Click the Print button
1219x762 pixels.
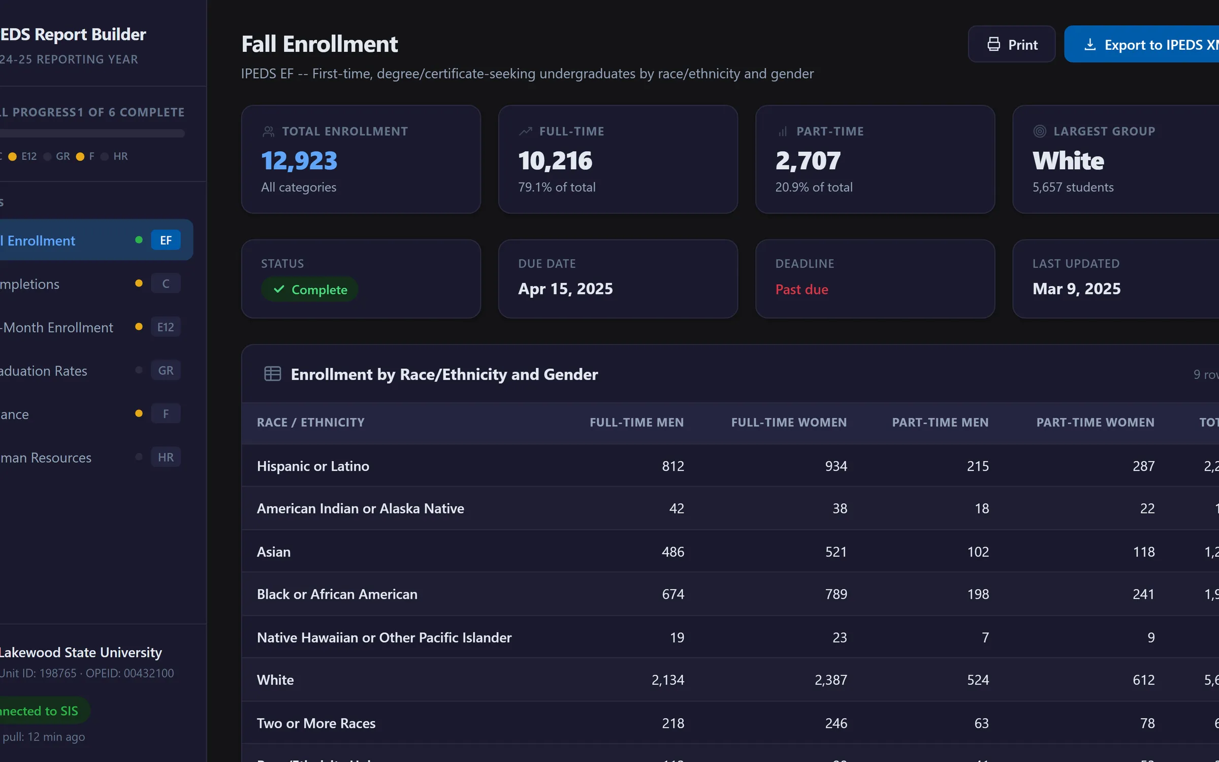point(1011,45)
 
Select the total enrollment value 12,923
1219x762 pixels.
point(299,161)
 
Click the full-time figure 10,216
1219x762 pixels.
point(555,161)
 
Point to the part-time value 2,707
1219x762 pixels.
point(808,161)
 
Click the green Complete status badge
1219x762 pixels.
point(310,290)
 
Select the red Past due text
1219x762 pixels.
point(801,290)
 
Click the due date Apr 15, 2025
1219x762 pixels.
point(565,289)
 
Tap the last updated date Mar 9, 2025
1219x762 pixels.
point(1076,289)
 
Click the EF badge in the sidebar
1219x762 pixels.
point(166,240)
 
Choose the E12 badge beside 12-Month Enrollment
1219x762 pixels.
point(166,327)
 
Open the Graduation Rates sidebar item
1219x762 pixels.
point(44,371)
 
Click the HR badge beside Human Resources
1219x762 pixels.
point(166,457)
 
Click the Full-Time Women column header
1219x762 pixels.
point(789,422)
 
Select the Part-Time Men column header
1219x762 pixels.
point(940,422)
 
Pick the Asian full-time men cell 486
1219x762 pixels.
point(673,552)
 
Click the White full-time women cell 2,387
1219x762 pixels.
point(831,680)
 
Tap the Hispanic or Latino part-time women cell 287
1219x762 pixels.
point(1143,466)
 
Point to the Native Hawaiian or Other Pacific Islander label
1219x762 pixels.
point(384,638)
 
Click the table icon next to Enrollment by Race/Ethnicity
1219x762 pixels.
point(273,374)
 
